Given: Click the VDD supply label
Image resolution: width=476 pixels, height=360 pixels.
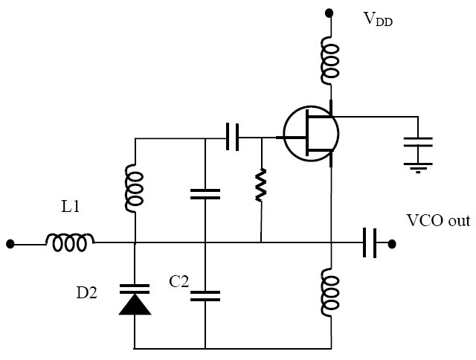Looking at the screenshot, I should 378,19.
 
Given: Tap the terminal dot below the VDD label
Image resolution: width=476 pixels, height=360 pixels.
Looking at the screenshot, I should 329,13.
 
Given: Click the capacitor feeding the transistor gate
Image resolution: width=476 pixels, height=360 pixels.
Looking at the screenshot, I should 232,138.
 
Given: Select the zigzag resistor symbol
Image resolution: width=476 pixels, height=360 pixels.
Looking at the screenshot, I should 260,185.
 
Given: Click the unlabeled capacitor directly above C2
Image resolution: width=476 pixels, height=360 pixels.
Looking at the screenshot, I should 205,194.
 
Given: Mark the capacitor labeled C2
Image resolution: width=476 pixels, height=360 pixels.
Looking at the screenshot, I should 205,295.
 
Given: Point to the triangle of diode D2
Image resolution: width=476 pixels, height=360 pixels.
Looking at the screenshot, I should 135,304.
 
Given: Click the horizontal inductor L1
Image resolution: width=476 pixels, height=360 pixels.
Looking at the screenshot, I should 71,242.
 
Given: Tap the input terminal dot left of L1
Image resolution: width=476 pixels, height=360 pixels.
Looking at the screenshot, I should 10,242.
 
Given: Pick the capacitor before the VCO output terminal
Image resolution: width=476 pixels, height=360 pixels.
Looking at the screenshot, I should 369,242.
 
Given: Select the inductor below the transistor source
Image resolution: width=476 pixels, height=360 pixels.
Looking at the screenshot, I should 329,292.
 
